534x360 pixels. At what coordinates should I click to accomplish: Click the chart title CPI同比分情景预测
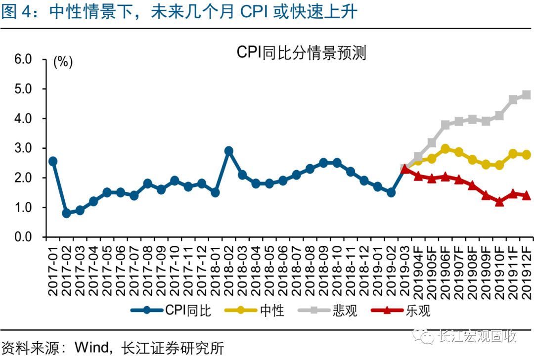click(x=301, y=52)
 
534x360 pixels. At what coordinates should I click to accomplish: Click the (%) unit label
click(x=63, y=62)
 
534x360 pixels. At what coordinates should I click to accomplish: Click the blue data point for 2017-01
click(x=53, y=161)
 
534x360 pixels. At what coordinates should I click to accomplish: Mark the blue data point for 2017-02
click(x=66, y=214)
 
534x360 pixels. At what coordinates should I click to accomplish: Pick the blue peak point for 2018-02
click(x=228, y=151)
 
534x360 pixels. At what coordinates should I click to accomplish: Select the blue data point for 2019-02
click(x=391, y=192)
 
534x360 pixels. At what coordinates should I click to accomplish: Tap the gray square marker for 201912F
click(x=526, y=95)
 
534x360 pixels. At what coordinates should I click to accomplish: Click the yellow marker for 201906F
click(x=445, y=149)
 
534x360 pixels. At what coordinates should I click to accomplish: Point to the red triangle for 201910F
click(x=499, y=202)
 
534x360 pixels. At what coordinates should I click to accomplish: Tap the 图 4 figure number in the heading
click(x=16, y=12)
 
